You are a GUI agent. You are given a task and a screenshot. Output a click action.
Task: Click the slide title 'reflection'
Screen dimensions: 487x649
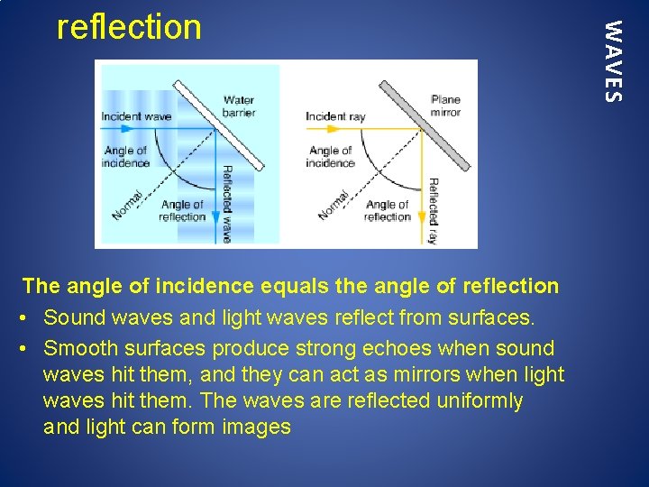[x=129, y=27]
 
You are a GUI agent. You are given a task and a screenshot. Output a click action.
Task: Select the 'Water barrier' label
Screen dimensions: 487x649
[x=239, y=106]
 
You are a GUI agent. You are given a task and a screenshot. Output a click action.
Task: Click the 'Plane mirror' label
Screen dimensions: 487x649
[x=445, y=106]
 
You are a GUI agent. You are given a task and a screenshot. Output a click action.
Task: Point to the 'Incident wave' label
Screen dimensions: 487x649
[x=136, y=116]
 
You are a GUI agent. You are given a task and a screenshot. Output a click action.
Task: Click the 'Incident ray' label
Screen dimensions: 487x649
[x=335, y=116]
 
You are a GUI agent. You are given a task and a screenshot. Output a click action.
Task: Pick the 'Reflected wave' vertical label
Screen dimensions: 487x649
[x=227, y=204]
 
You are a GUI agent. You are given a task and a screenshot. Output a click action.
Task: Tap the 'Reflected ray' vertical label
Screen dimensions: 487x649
[x=433, y=210]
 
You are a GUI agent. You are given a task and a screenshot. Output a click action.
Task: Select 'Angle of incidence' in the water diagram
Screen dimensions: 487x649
[x=126, y=157]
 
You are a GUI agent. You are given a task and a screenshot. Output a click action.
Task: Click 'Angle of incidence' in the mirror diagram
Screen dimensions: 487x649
[x=330, y=157]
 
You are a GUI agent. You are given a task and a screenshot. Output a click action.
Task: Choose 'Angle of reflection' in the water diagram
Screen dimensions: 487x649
[x=182, y=211]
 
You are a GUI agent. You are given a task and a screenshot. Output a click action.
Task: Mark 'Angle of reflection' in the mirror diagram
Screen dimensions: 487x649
[x=388, y=211]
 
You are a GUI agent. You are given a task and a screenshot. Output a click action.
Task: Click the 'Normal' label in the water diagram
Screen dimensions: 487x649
[x=128, y=205]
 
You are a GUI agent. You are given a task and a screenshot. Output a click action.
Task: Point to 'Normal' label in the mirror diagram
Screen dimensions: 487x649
[x=334, y=205]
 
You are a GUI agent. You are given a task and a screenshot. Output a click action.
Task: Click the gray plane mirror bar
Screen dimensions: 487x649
[x=425, y=125]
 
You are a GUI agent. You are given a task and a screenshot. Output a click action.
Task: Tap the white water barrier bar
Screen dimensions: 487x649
[x=219, y=124]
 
